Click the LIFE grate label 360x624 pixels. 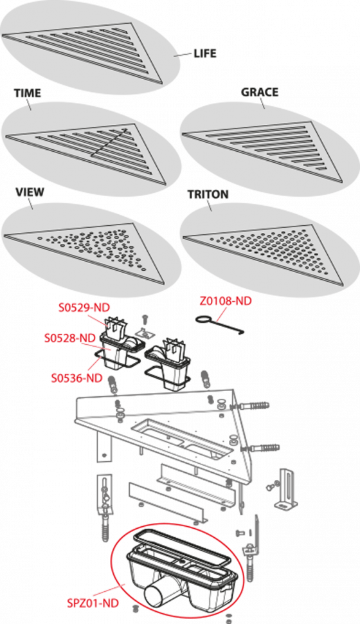[x=205, y=53]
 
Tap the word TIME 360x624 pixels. [x=28, y=93]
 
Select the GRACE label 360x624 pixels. [x=259, y=93]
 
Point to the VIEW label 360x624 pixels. [x=30, y=192]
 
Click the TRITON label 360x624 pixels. [x=208, y=195]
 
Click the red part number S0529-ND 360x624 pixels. [x=84, y=307]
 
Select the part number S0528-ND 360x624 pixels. [x=69, y=338]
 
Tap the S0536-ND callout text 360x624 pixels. [x=76, y=378]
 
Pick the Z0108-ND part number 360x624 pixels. [x=226, y=301]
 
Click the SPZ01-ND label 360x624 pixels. [x=93, y=603]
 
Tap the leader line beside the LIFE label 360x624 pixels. [x=183, y=55]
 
